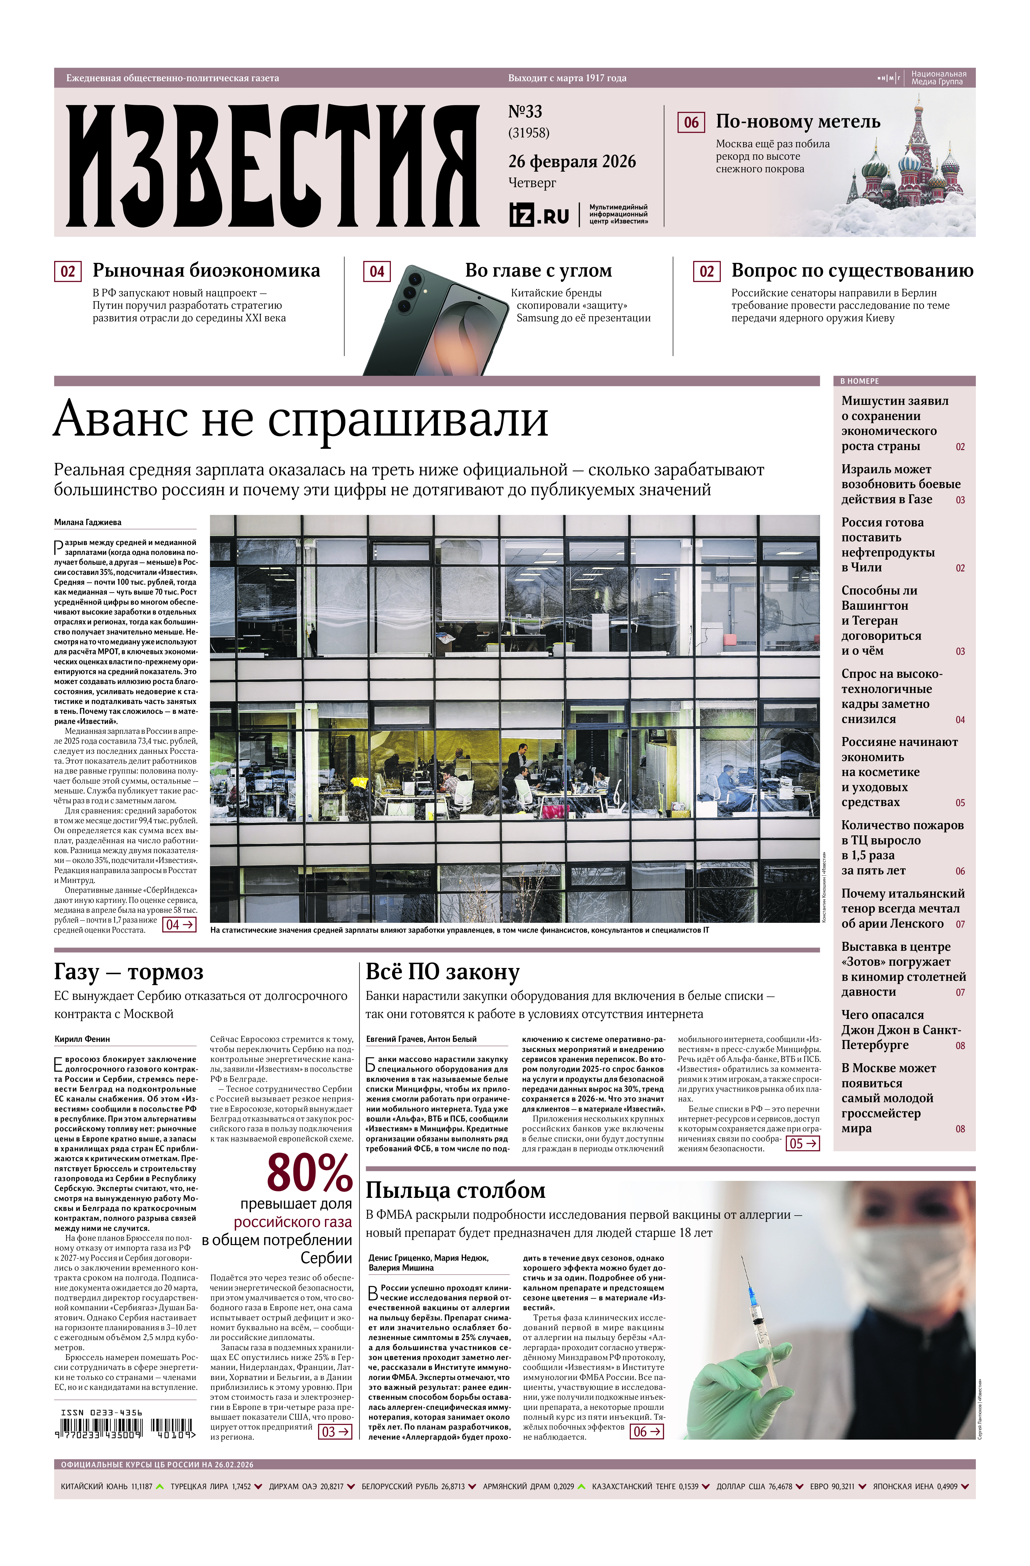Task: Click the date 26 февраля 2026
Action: [x=572, y=161]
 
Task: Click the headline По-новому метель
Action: [x=798, y=122]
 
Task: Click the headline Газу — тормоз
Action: [x=128, y=972]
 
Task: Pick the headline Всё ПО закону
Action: [x=442, y=972]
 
